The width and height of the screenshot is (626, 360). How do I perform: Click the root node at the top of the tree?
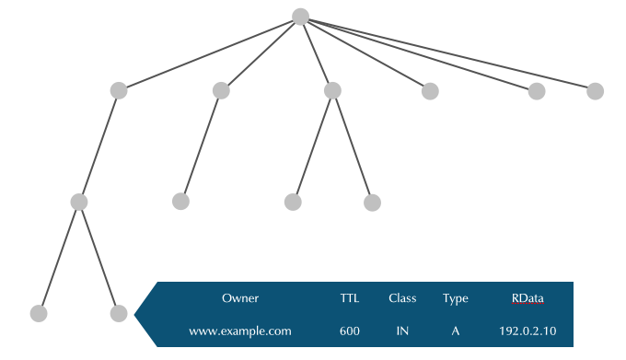click(300, 17)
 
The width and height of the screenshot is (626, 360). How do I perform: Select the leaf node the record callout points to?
click(118, 313)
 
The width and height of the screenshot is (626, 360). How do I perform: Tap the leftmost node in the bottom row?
click(38, 313)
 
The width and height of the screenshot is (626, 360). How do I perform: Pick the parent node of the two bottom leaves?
click(79, 202)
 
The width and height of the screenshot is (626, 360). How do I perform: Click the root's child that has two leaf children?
click(332, 90)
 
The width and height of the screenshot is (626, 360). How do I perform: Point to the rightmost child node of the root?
click(595, 90)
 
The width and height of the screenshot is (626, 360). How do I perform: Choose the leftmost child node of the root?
click(118, 90)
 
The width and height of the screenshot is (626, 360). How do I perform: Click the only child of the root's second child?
click(180, 202)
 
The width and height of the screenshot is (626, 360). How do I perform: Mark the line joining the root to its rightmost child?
click(447, 53)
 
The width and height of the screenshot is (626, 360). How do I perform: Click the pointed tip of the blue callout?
click(136, 314)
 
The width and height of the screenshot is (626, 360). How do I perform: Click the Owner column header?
click(240, 298)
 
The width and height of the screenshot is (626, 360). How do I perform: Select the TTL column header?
click(350, 298)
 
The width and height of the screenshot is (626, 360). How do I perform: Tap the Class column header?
click(402, 298)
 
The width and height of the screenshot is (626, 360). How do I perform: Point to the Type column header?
click(455, 298)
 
